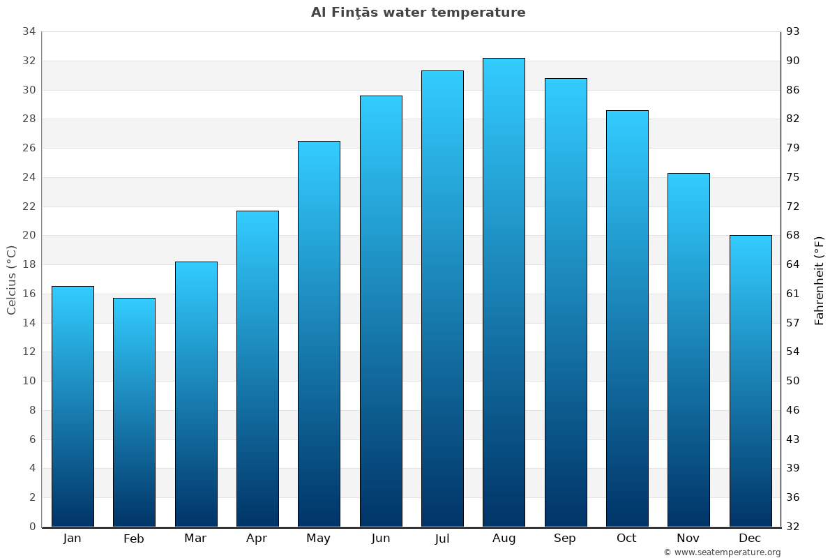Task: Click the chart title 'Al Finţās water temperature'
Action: [x=418, y=13]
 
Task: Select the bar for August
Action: [x=504, y=293]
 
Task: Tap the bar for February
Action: [x=134, y=412]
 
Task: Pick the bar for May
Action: [x=319, y=335]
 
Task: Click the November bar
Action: [x=688, y=349]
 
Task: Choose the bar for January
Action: [x=73, y=406]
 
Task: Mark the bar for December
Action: [x=751, y=381]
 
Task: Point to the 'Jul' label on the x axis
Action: [x=442, y=538]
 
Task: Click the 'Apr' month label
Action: [x=257, y=538]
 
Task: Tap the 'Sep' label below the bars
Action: [x=565, y=538]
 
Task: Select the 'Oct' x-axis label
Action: [x=626, y=538]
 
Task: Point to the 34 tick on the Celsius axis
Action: [x=29, y=31]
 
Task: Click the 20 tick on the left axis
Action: [x=29, y=236]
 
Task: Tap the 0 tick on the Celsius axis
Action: [x=32, y=527]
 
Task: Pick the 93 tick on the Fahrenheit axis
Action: [x=794, y=31]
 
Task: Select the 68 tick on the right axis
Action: [x=794, y=236]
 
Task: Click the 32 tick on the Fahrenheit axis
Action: [x=794, y=527]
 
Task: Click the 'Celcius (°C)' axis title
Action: [x=11, y=280]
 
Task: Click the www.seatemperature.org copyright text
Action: [x=722, y=552]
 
